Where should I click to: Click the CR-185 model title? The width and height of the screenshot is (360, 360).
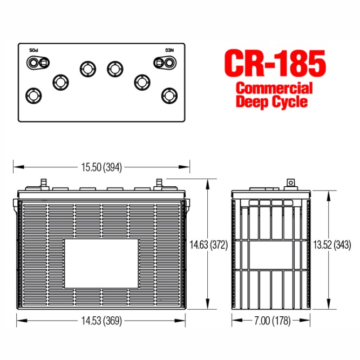coord(276,64)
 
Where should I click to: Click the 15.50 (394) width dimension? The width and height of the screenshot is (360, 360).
coord(102,167)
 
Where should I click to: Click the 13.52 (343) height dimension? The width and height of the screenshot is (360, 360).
coord(331,244)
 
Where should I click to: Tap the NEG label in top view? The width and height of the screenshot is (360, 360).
coord(165,50)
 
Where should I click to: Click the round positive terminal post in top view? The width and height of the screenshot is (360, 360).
coord(33,63)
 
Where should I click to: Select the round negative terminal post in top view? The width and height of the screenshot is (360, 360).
coord(169,63)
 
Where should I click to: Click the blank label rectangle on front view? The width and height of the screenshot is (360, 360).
coord(101,264)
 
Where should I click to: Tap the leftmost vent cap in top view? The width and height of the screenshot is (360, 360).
coord(33,96)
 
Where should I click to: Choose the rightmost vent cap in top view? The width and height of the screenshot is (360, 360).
coord(169,96)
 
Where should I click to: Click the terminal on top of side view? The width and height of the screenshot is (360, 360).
coord(290,183)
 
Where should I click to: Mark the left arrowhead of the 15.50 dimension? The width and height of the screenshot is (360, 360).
coord(16,167)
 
